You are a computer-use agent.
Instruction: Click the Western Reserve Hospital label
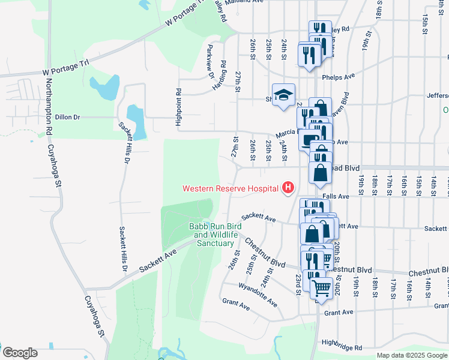pyautogui.click(x=231, y=188)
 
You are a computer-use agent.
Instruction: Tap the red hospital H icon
pyautogui.click(x=288, y=188)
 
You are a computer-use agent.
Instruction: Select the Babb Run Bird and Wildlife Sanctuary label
pyautogui.click(x=215, y=235)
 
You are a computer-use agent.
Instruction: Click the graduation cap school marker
pyautogui.click(x=283, y=95)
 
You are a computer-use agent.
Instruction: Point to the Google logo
pyautogui.click(x=19, y=353)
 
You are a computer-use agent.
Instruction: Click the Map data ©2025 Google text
pyautogui.click(x=411, y=355)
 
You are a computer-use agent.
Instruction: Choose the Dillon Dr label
pyautogui.click(x=67, y=118)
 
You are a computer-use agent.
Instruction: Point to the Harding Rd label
pyautogui.click(x=220, y=76)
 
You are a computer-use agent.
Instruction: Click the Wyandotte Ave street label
pyautogui.click(x=258, y=292)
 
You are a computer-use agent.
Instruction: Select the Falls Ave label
pyautogui.click(x=336, y=196)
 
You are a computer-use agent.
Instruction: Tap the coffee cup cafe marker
pyautogui.click(x=309, y=140)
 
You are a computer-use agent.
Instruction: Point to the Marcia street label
pyautogui.click(x=285, y=133)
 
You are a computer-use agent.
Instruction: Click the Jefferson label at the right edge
pyautogui.click(x=438, y=95)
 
